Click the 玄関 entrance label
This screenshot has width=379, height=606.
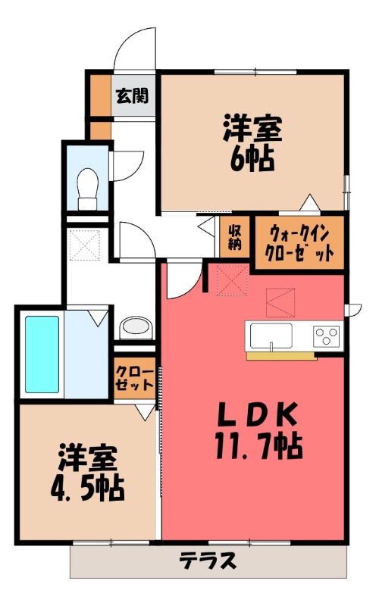coord(132,96)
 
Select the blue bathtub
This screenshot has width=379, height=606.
coord(42,354)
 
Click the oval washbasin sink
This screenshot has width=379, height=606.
coord(136,327)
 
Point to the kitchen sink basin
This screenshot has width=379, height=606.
coord(269,335)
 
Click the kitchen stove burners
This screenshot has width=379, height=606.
coord(327,335)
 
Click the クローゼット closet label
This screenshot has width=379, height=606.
coord(134,376)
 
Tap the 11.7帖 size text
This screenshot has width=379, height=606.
coord(258,445)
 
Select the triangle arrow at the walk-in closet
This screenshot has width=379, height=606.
coord(309,202)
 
